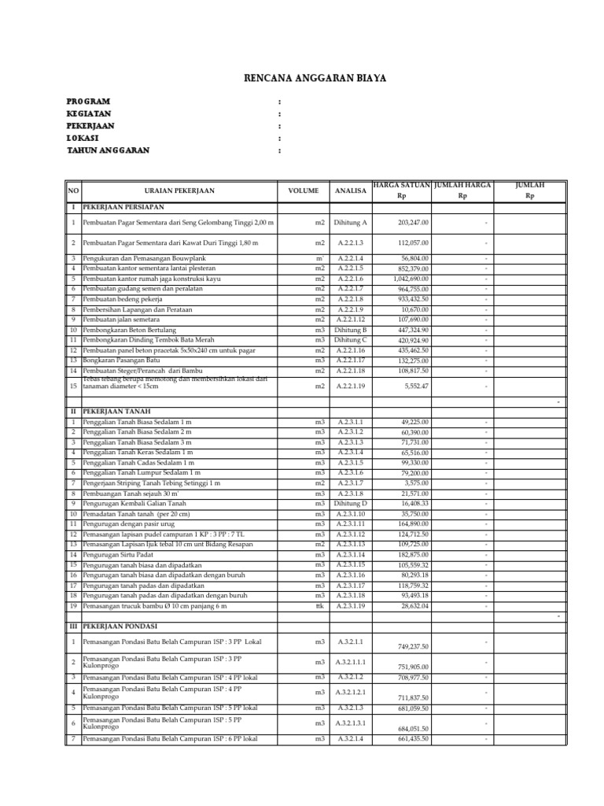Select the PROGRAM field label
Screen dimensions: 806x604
(88, 102)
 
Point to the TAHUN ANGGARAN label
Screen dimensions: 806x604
(108, 150)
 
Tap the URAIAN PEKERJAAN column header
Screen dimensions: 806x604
(179, 190)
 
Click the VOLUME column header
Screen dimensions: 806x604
(303, 190)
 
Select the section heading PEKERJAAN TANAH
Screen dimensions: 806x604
(117, 411)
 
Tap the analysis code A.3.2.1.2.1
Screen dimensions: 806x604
(351, 693)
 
